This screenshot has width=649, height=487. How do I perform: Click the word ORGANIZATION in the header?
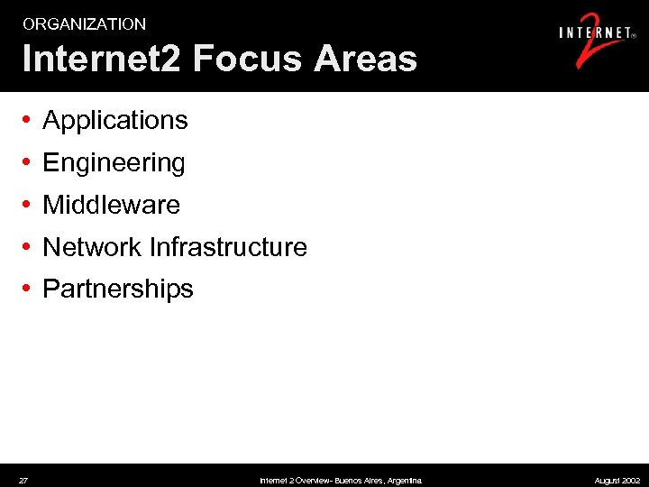84,24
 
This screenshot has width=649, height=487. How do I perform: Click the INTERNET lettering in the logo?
595,33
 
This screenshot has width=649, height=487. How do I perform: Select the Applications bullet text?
115,120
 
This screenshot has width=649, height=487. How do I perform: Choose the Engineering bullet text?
114,162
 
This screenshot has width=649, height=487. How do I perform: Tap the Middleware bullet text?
111,205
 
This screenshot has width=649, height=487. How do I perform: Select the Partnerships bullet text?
118,289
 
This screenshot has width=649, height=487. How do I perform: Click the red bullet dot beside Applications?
29,120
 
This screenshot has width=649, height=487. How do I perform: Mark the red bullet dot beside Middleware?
29,205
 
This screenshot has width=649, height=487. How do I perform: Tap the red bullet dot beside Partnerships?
29,289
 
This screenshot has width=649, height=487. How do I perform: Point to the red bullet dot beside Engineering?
29,162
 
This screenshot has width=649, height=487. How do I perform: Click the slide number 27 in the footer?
23,481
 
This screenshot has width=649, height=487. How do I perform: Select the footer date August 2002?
617,481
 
